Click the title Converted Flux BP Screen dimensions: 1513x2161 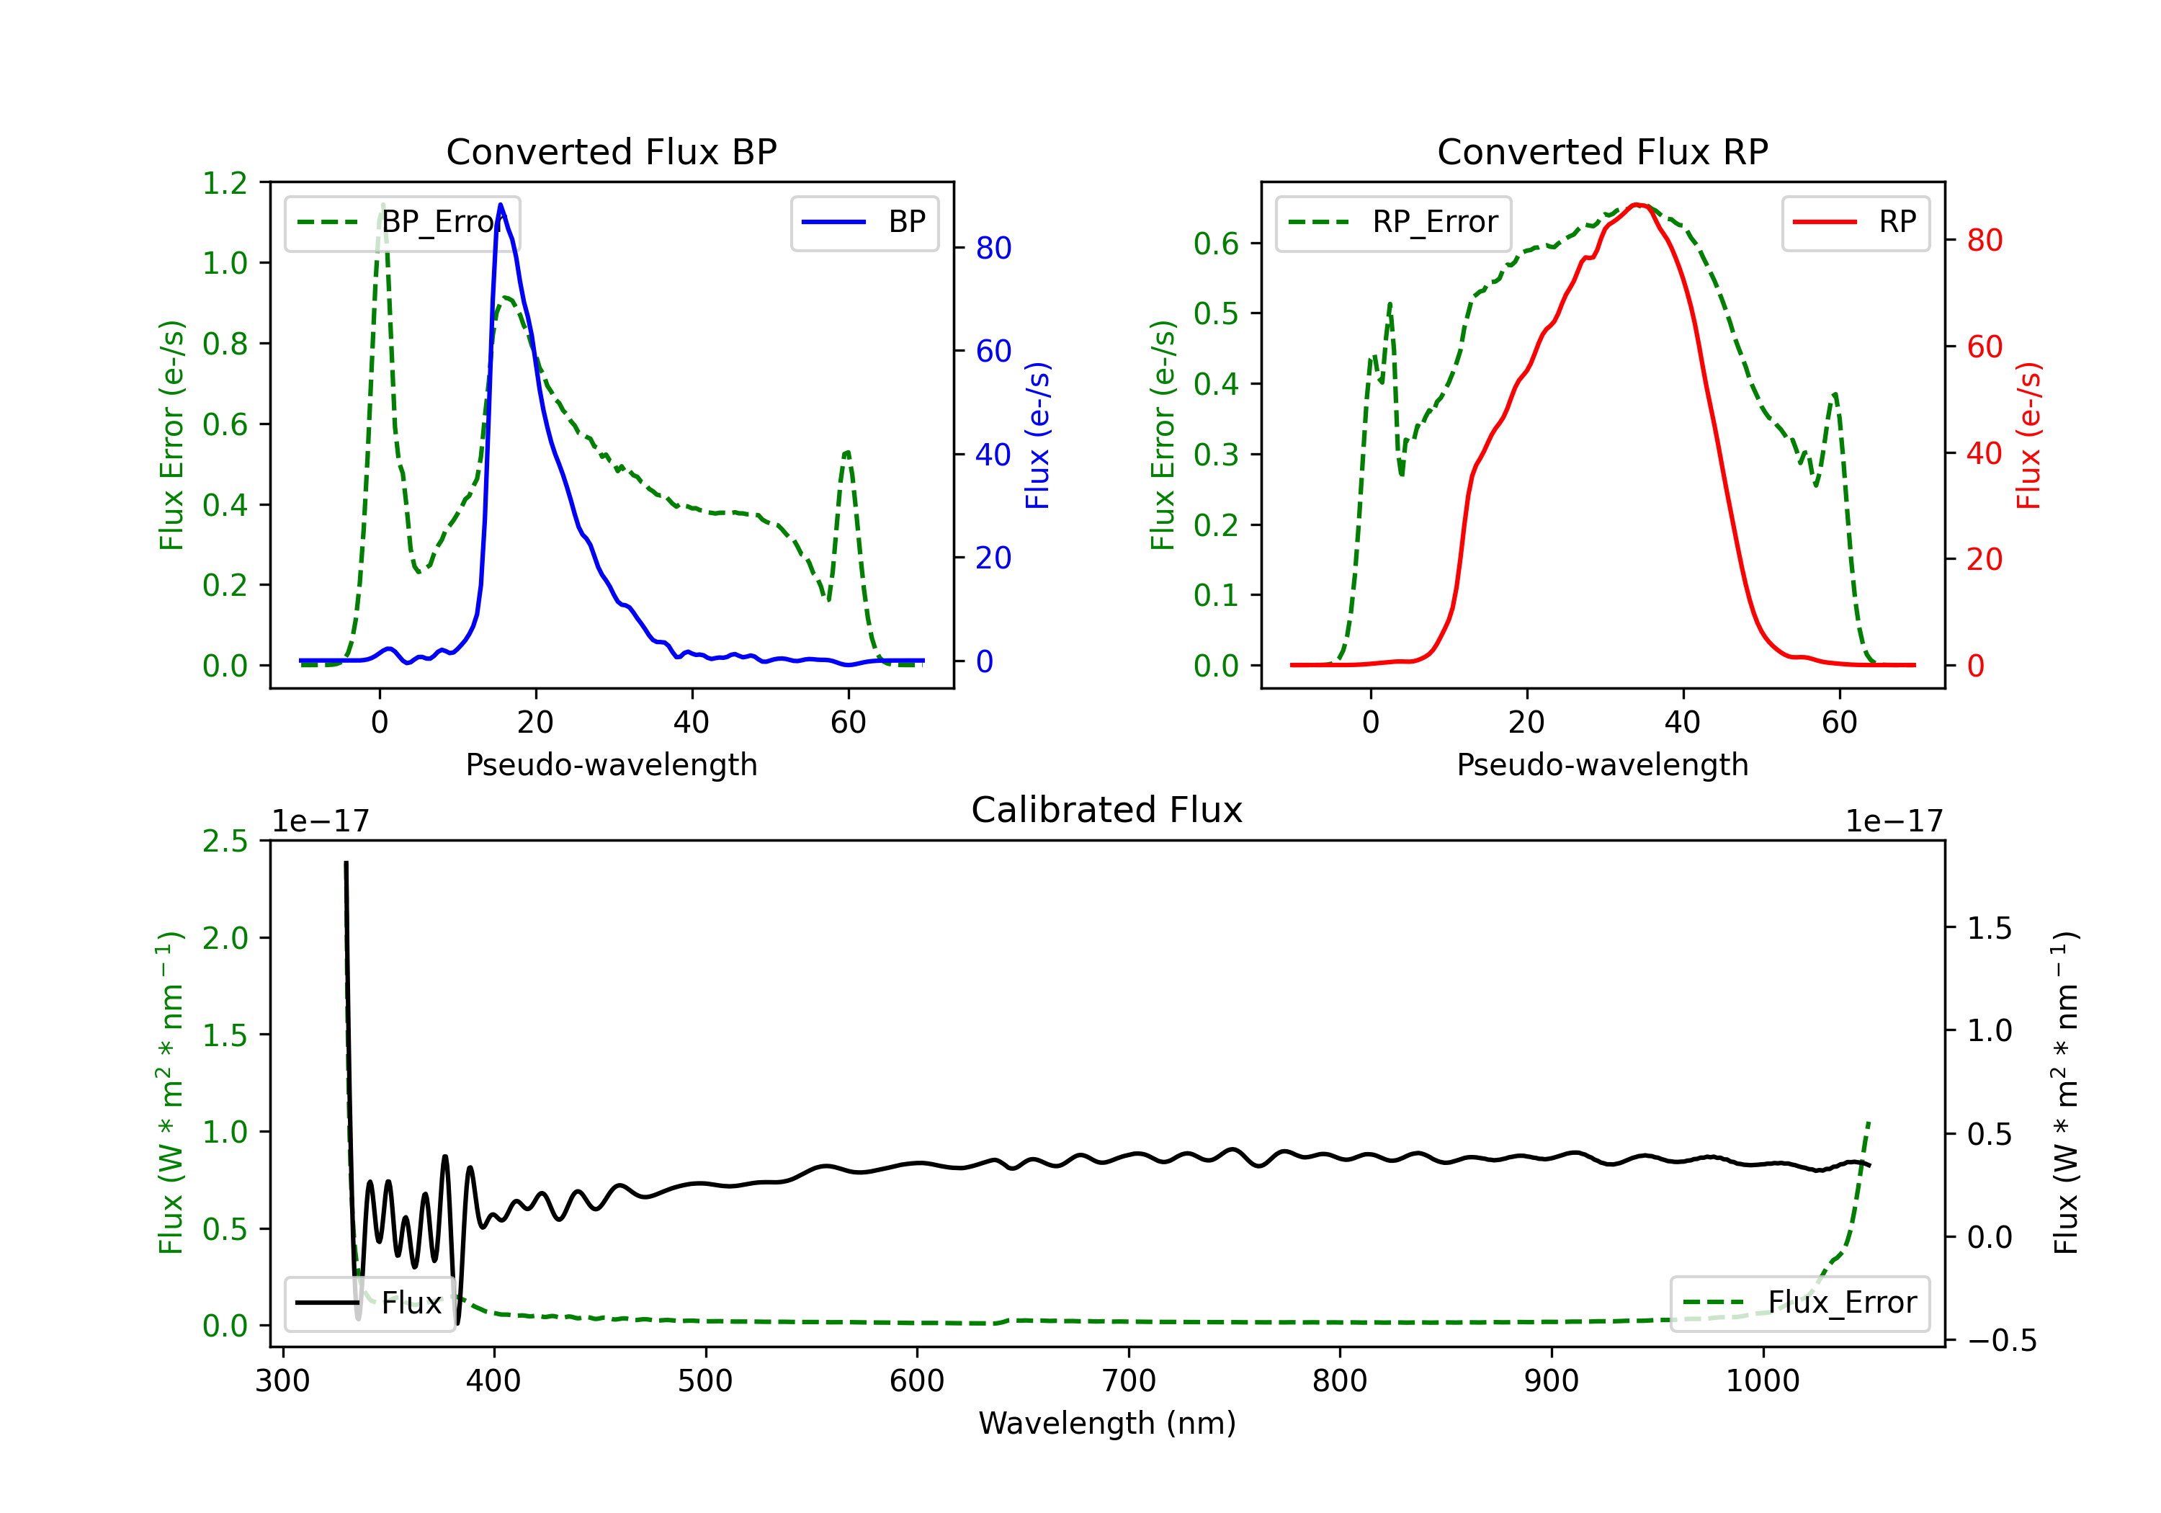[x=611, y=151]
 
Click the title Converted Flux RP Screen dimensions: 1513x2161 [x=1602, y=151]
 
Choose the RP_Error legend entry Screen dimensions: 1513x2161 [x=1394, y=222]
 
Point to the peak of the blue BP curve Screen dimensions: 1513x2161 [x=501, y=205]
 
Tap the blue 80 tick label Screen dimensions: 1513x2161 [x=993, y=249]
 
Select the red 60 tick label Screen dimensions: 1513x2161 [x=1984, y=347]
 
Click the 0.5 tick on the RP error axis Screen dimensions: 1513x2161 [x=1216, y=313]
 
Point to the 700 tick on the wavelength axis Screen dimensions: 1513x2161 [x=1129, y=1381]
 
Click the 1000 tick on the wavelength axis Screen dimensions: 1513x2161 [x=1762, y=1381]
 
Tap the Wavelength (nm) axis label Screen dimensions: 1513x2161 [x=1107, y=1424]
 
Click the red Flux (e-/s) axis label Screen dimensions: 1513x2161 [x=2028, y=435]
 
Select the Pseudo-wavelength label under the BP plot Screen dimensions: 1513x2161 [x=611, y=764]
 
